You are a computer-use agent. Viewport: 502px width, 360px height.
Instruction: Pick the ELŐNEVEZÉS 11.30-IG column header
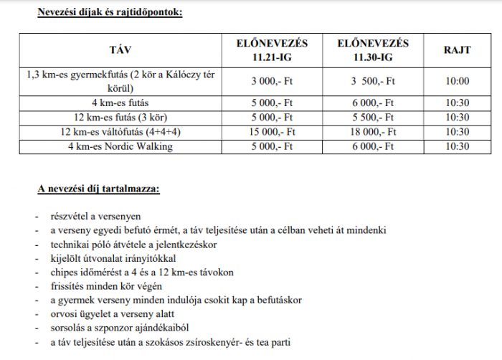click(373, 49)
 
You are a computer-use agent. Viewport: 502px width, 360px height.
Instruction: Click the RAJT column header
click(457, 49)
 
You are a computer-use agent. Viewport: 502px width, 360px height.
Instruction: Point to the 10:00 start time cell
click(457, 81)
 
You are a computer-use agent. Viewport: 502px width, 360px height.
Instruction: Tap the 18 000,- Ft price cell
click(373, 131)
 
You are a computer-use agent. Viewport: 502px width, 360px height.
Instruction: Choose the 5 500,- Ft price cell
click(373, 116)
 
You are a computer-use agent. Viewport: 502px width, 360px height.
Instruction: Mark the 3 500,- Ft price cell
click(373, 81)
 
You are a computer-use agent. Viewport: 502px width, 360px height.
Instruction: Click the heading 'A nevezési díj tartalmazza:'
click(99, 189)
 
